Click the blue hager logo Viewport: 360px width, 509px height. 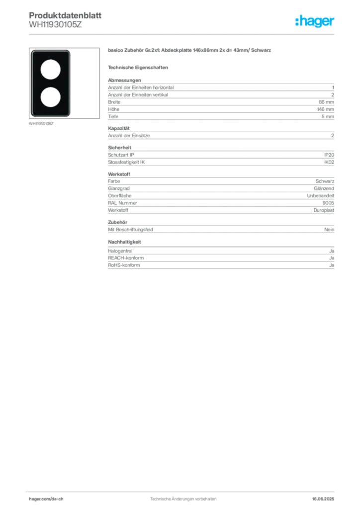[x=315, y=22]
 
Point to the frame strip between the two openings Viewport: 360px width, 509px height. [x=50, y=83]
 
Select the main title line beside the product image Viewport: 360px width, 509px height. [x=190, y=51]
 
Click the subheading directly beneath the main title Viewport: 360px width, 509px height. [x=140, y=67]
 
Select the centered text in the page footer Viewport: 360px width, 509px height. [x=181, y=496]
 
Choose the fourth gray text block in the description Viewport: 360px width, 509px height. [x=220, y=194]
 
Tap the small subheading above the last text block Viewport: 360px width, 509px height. [x=125, y=242]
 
